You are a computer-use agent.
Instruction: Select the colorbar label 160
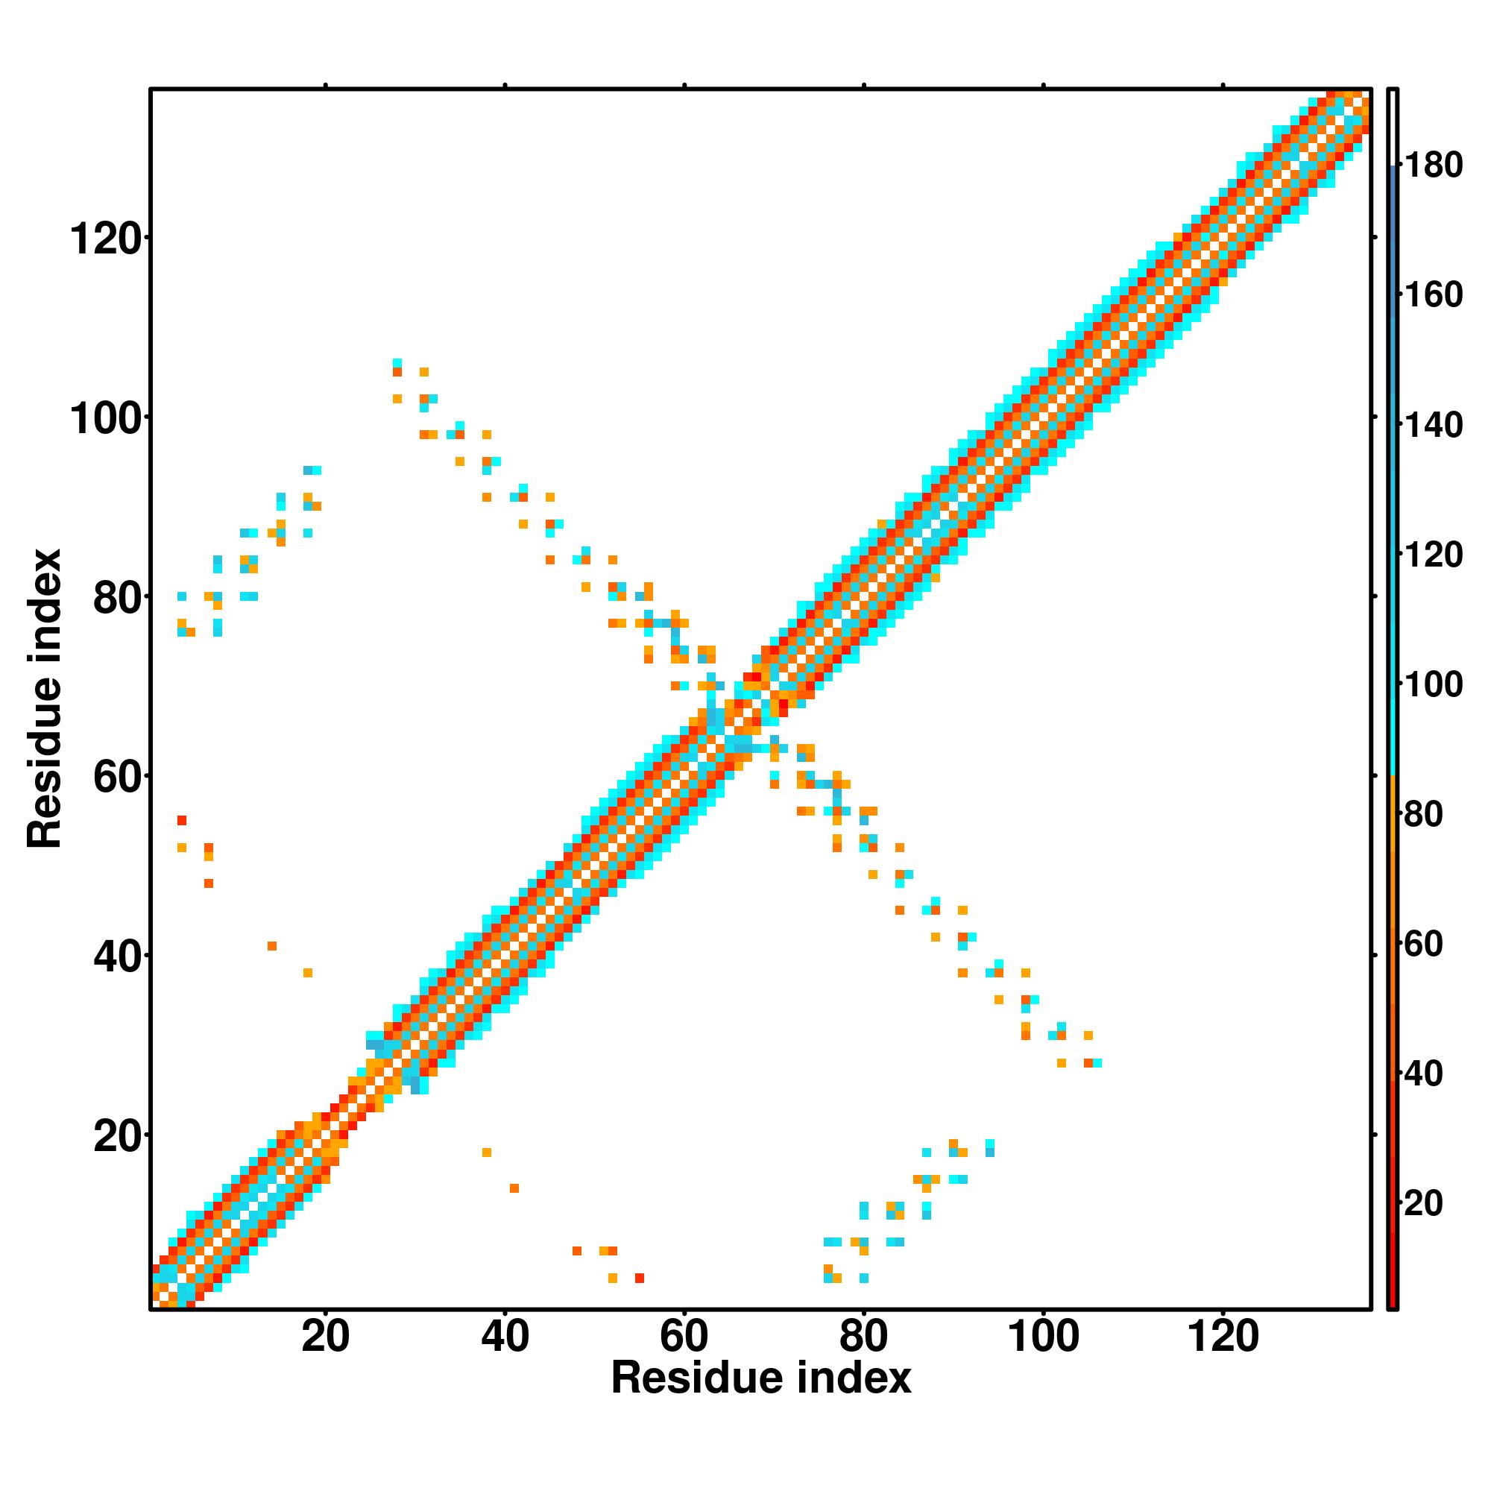tap(1433, 294)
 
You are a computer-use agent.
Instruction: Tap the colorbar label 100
tap(1433, 684)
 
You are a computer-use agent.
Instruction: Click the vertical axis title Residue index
tap(44, 699)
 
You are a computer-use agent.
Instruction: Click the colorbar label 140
tap(1433, 425)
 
